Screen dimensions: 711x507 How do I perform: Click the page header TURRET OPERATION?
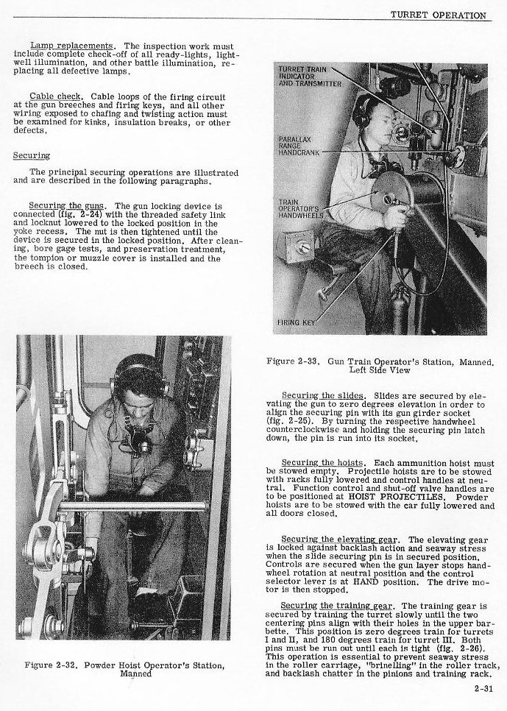439,15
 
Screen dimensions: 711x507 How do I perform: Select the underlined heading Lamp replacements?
71,46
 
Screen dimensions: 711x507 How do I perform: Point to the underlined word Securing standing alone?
32,156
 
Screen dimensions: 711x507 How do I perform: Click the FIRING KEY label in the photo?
296,322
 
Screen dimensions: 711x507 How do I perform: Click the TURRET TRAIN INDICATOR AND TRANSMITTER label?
304,76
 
